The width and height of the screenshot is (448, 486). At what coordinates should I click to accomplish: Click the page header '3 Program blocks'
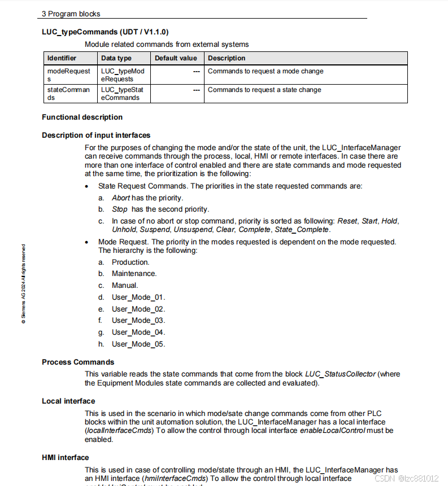click(71, 14)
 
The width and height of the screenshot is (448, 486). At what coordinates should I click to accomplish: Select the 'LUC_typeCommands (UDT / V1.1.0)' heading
click(105, 32)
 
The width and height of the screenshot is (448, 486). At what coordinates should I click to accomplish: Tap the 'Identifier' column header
click(62, 58)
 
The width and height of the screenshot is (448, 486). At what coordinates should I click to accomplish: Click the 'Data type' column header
click(116, 58)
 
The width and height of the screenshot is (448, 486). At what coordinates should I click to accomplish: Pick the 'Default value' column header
click(176, 58)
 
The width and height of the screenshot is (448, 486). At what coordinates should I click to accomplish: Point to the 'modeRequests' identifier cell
click(68, 75)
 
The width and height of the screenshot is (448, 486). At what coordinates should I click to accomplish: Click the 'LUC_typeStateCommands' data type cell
click(122, 94)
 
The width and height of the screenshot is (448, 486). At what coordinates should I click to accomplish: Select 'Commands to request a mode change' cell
click(266, 72)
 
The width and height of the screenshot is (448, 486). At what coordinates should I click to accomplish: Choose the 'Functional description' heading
click(82, 117)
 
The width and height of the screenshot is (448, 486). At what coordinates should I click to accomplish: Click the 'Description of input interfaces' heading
click(96, 135)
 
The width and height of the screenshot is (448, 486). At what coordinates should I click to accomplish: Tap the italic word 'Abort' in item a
click(121, 198)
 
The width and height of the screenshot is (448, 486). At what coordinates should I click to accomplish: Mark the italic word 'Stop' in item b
click(120, 209)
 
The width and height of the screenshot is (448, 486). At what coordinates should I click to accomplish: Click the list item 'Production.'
click(131, 262)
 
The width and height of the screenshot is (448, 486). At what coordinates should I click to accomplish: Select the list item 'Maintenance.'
click(134, 274)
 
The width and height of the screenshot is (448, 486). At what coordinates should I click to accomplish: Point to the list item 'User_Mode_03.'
click(138, 321)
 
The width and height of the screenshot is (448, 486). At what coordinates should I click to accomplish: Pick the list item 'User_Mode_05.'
click(138, 344)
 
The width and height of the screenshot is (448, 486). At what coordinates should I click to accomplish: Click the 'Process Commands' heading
click(78, 362)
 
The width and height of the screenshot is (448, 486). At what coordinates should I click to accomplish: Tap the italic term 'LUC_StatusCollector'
click(341, 374)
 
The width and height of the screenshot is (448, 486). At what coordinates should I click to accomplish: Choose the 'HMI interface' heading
click(65, 457)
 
